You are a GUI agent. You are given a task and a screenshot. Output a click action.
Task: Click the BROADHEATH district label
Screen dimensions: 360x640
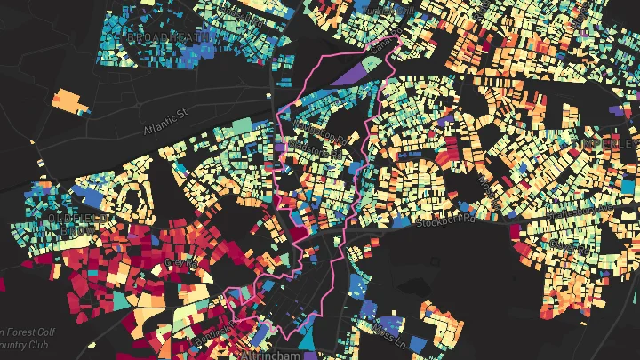(x=170, y=36)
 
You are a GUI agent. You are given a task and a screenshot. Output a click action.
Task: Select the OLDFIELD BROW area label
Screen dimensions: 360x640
(x=79, y=223)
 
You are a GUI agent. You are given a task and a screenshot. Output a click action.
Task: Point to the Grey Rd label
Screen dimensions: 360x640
(x=182, y=263)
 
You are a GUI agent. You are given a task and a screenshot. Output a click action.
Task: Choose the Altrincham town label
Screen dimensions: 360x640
(x=272, y=354)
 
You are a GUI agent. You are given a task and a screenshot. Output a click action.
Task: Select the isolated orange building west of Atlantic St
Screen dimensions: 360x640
(x=68, y=100)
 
